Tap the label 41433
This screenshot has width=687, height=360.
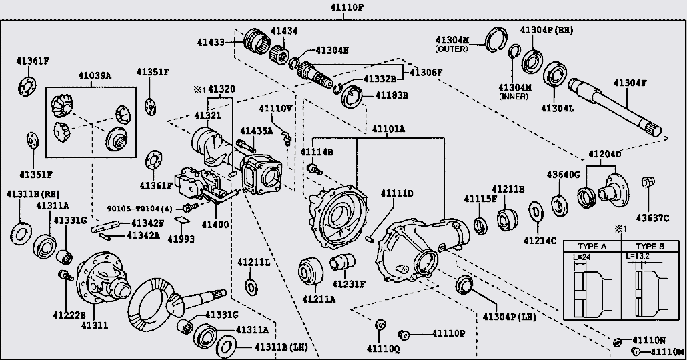coord(211,43)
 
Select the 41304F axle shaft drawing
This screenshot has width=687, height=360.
coord(614,107)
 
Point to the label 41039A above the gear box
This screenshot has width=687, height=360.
coord(95,76)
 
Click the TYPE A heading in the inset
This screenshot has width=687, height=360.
coord(592,247)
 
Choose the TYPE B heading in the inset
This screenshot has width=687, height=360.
coord(650,247)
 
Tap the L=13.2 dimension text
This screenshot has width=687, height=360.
coord(638,256)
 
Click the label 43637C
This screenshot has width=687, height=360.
coord(652,217)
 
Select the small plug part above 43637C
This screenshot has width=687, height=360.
coord(648,182)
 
